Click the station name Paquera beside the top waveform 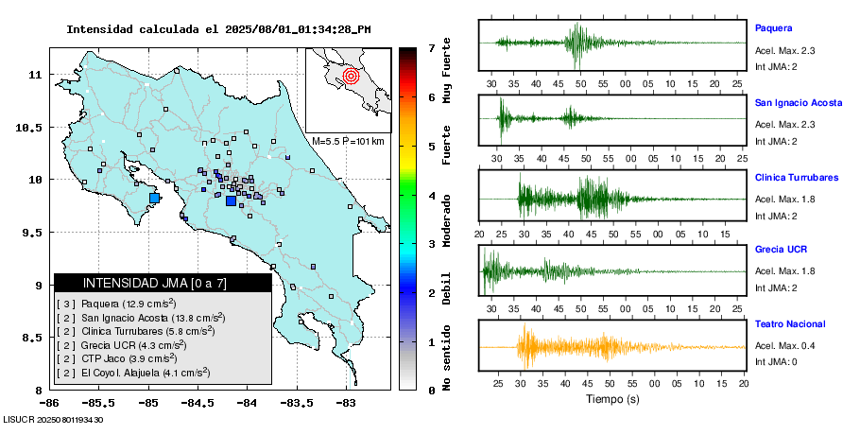[772, 27]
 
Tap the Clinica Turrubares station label [796, 177]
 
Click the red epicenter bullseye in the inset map [351, 76]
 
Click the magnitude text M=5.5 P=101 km [348, 141]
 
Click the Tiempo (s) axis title [612, 400]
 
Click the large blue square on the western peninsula [155, 198]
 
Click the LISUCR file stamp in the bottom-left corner [53, 419]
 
